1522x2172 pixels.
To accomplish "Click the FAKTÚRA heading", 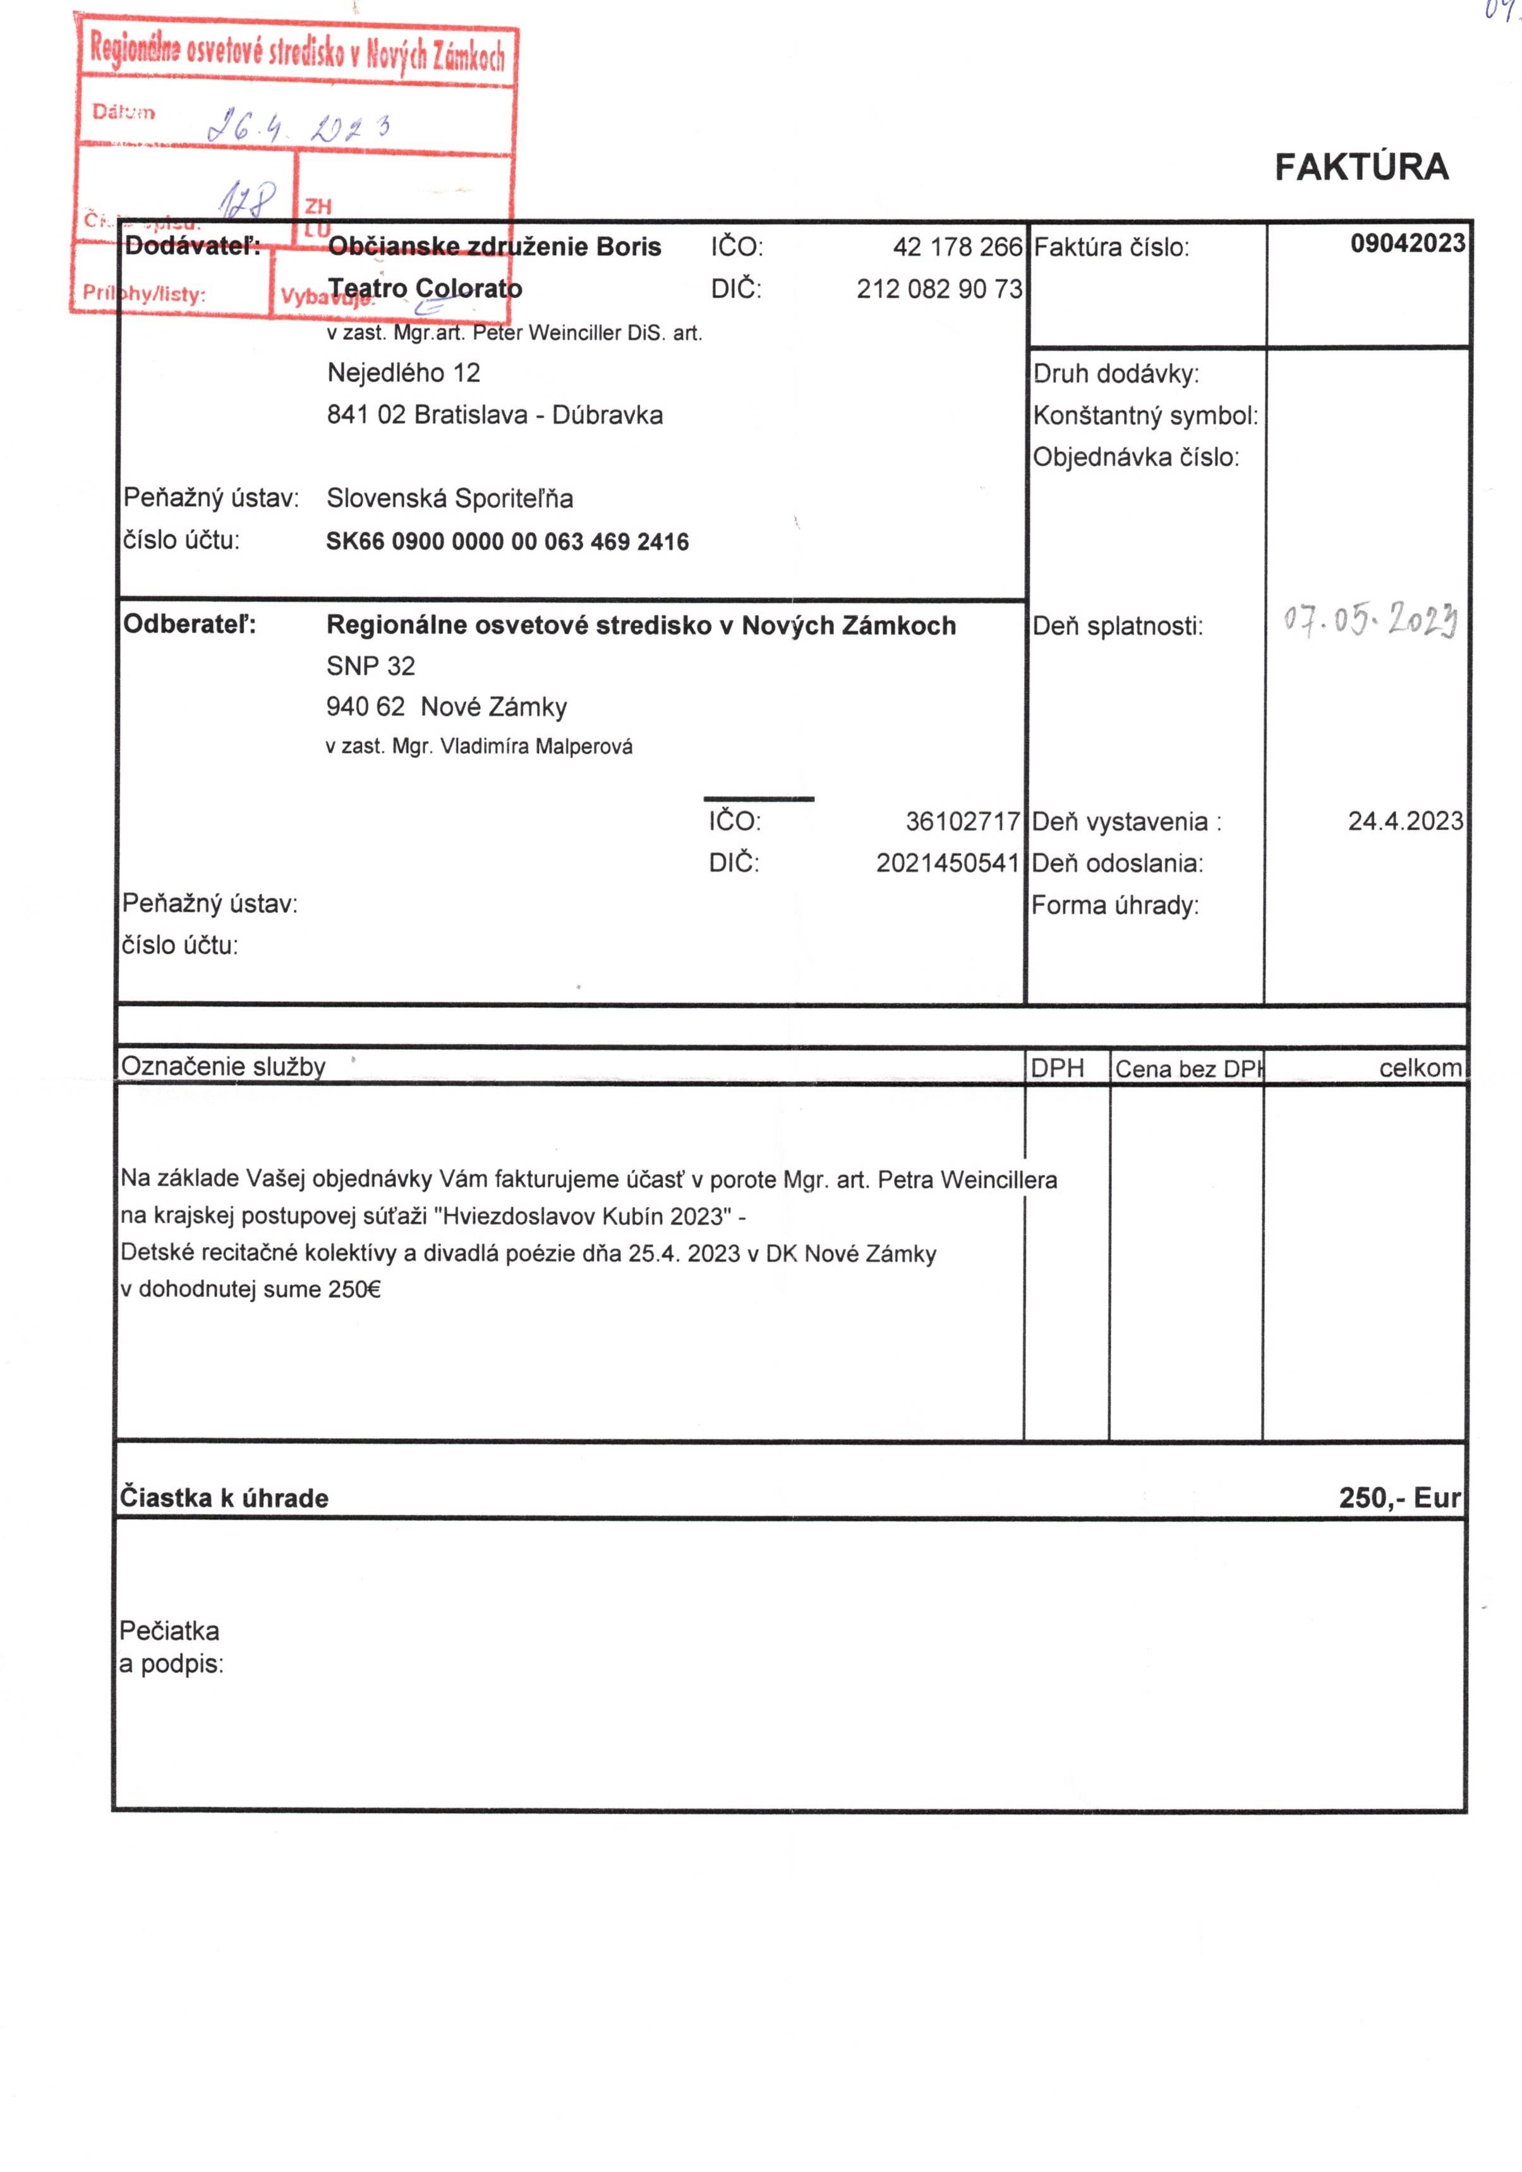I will click(1360, 167).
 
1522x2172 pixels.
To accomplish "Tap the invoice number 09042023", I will click(1406, 244).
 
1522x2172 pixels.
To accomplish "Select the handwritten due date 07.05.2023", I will click(1370, 621).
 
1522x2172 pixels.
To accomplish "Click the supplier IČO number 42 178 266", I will click(957, 247).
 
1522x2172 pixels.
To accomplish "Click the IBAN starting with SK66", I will click(507, 542).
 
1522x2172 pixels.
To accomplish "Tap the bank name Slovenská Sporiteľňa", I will click(449, 499).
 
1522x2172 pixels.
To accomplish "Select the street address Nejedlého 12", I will click(404, 373).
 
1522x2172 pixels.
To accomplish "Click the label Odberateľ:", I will click(189, 624).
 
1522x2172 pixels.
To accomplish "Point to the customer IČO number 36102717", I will click(962, 821).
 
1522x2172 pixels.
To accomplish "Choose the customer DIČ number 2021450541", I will click(947, 863).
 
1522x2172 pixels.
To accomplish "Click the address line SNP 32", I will click(371, 666).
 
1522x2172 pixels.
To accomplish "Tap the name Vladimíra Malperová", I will click(536, 746).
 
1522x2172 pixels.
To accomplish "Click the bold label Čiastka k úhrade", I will click(224, 1498).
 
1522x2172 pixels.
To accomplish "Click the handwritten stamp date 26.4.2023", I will click(298, 126).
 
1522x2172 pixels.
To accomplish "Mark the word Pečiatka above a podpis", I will click(169, 1631).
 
